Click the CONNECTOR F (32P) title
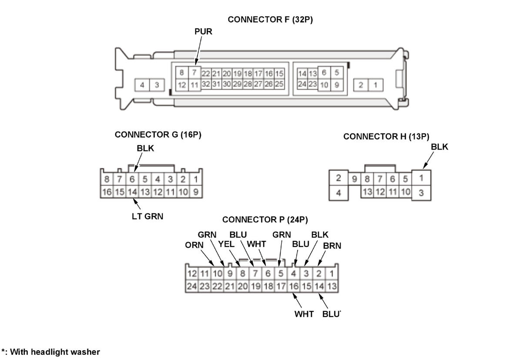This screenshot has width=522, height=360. click(270, 20)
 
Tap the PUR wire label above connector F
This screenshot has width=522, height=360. click(203, 32)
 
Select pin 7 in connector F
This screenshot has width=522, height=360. click(194, 73)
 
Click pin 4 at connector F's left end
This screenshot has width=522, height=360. click(142, 85)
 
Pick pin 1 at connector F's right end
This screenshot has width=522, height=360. click(375, 85)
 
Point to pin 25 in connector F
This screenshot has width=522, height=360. click(279, 83)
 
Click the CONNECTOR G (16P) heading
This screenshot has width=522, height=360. click(158, 135)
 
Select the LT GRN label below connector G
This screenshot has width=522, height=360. click(147, 216)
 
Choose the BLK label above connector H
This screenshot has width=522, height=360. click(439, 147)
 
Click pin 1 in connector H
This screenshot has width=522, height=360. click(421, 178)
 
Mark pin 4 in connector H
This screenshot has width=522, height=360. click(339, 193)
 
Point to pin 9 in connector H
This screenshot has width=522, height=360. click(355, 179)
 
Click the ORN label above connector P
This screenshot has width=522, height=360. click(194, 245)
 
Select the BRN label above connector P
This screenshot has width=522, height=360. click(332, 246)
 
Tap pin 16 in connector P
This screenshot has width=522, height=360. click(294, 286)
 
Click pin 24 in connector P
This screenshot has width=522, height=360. click(192, 286)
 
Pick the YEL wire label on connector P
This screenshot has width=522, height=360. click(226, 244)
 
